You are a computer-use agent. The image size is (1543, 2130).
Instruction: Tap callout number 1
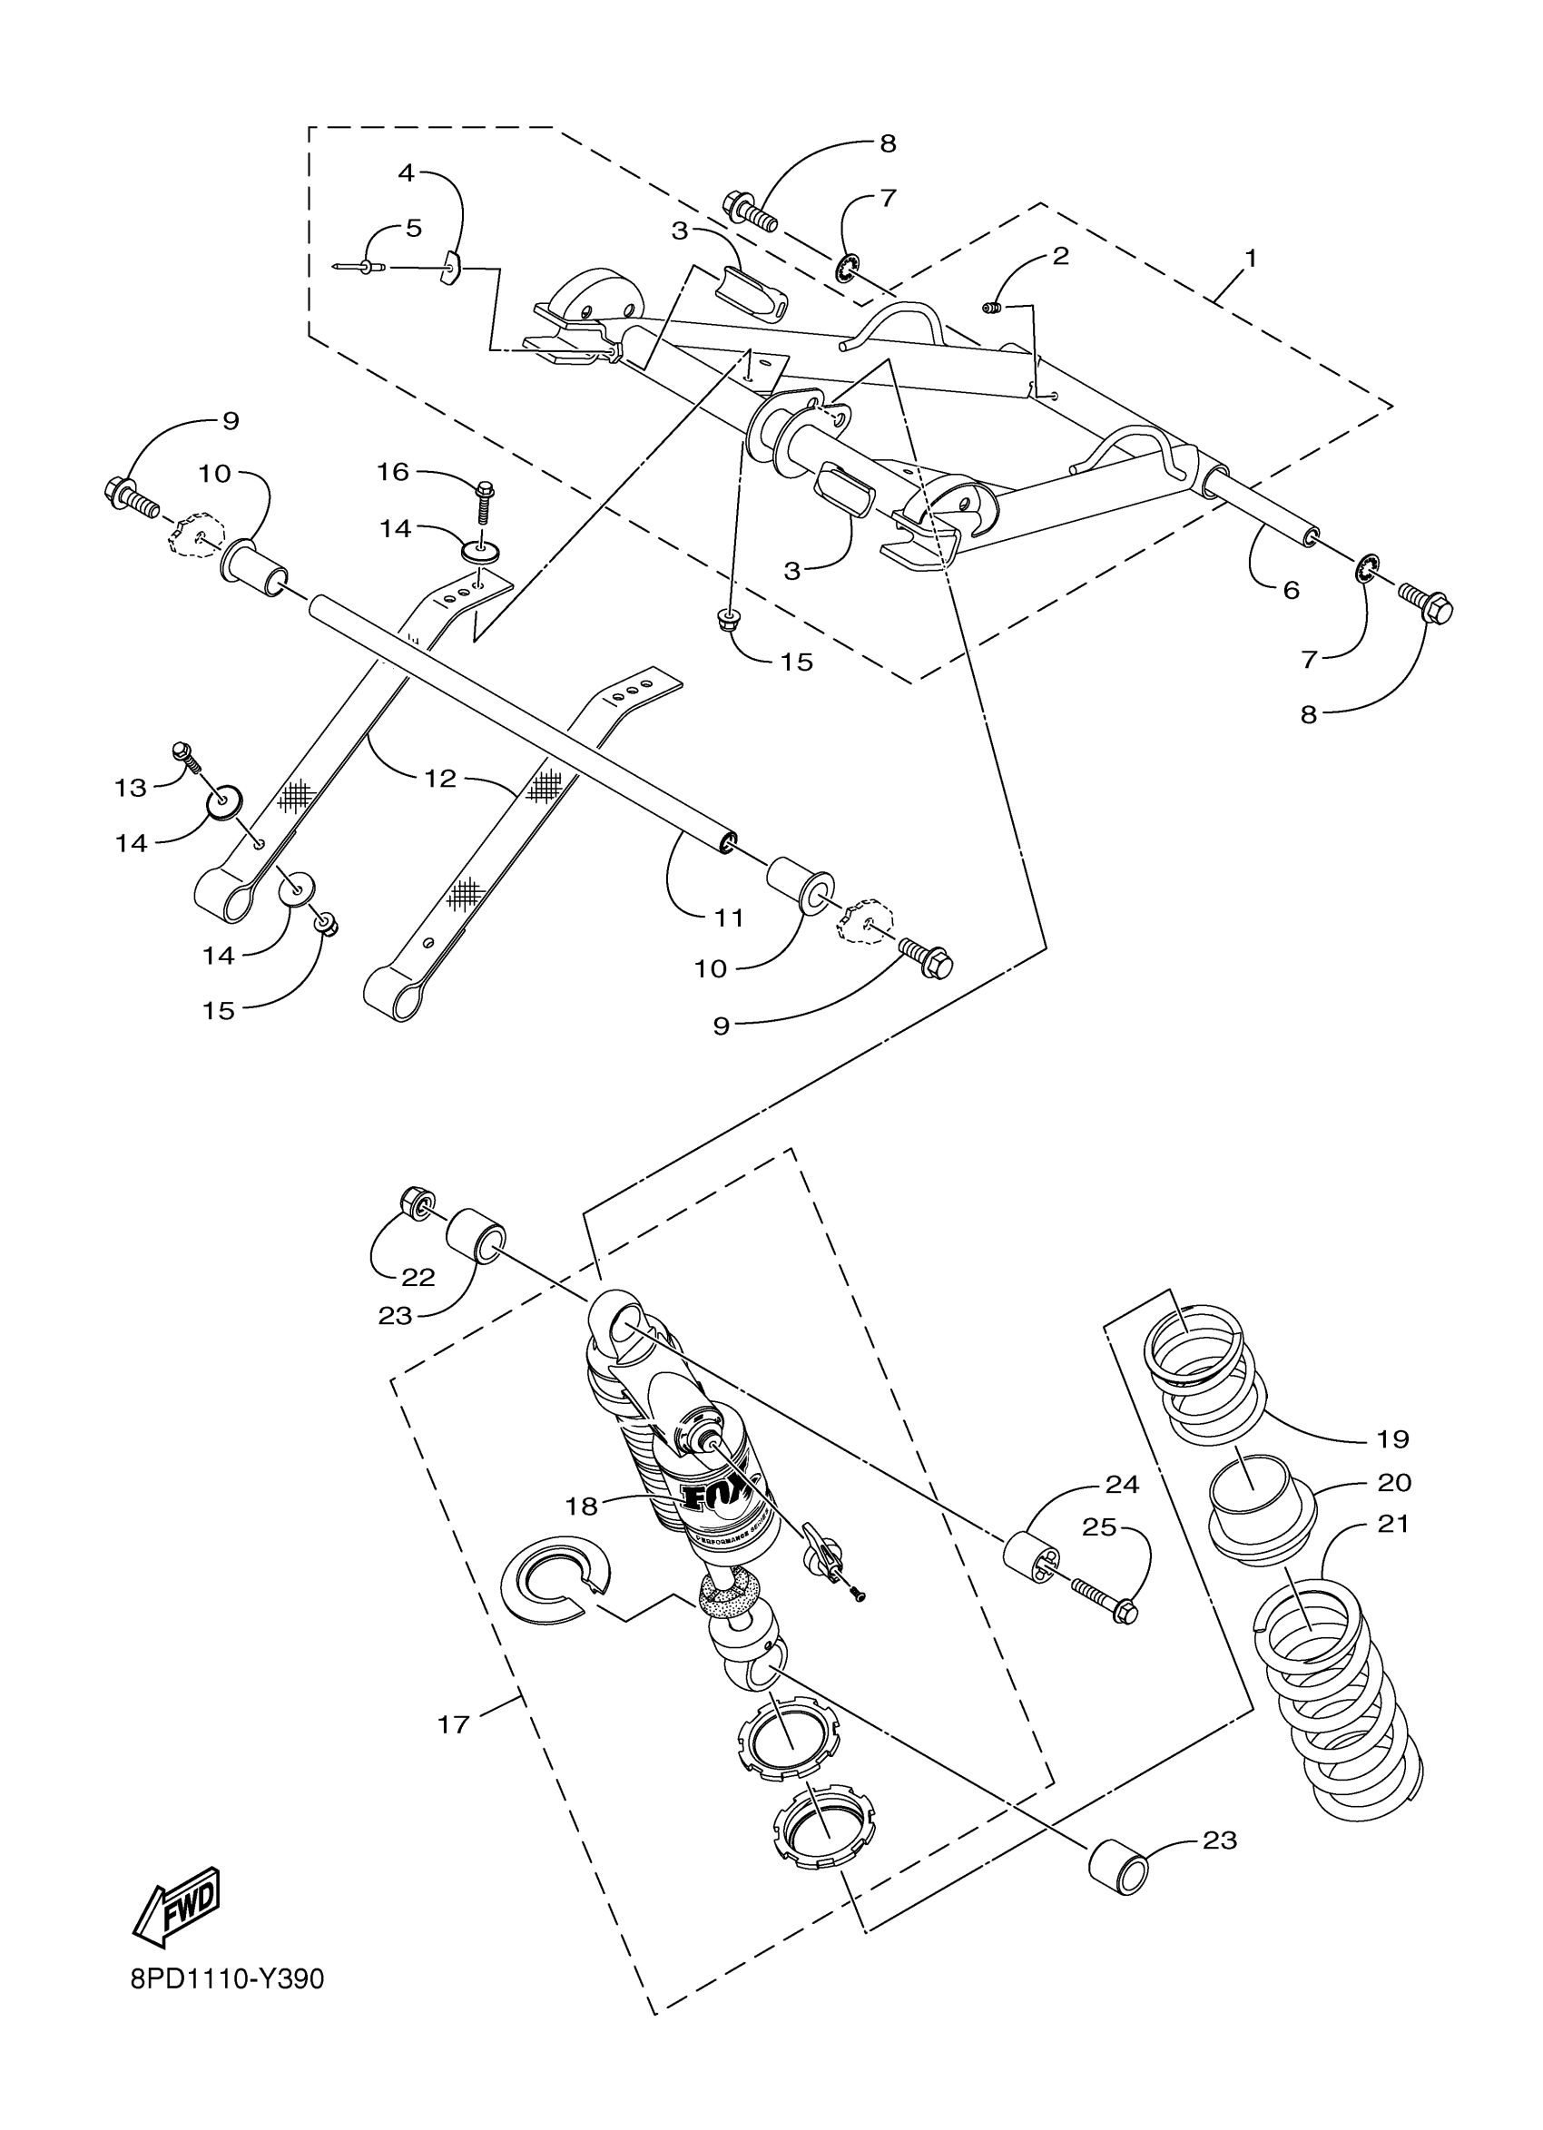(1250, 258)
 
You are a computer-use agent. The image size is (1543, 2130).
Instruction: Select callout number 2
(1060, 255)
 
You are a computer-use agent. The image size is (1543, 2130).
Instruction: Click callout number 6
(1291, 590)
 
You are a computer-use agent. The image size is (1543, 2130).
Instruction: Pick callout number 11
(730, 917)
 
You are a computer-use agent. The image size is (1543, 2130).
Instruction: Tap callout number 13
(132, 787)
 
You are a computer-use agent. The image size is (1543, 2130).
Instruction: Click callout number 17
(454, 1725)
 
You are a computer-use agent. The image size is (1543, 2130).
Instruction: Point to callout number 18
(581, 1506)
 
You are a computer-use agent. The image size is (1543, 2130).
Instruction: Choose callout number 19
(1393, 1438)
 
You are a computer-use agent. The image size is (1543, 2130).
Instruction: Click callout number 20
(1395, 1482)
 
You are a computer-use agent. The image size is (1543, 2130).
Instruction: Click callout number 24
(1122, 1485)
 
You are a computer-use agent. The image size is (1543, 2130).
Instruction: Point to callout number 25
(1100, 1528)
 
